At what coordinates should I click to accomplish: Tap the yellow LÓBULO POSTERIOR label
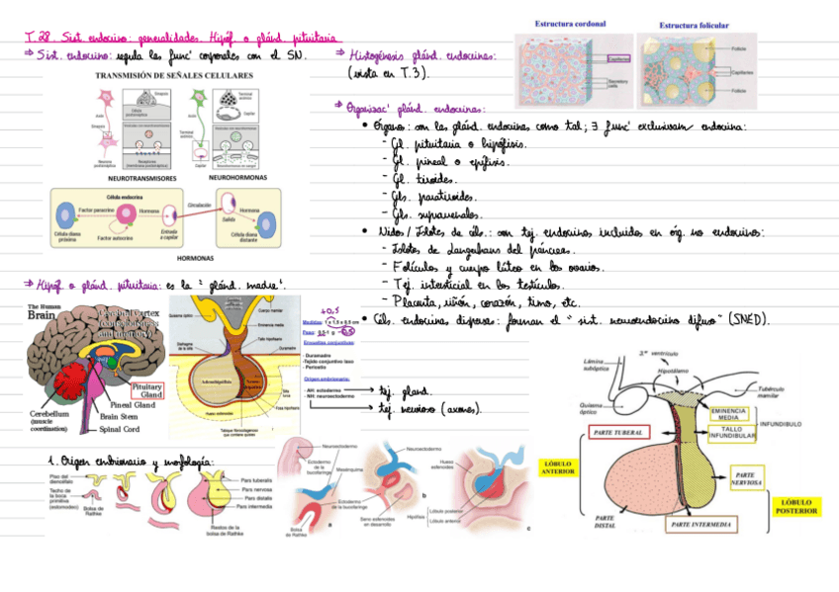796,505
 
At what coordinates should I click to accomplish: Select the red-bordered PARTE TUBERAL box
617,433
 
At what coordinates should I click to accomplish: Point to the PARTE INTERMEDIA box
701,523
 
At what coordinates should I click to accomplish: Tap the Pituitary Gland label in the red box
146,390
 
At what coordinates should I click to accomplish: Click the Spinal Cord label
119,429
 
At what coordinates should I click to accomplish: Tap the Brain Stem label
119,417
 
